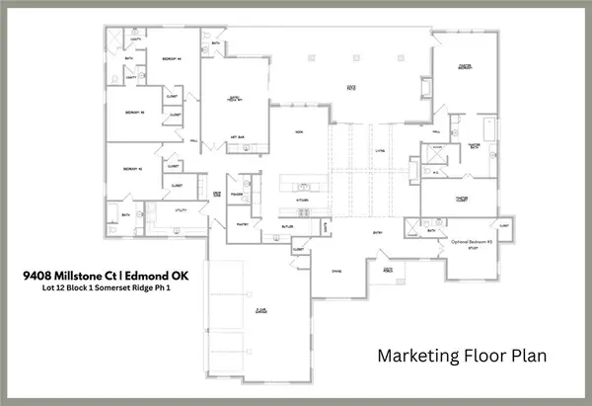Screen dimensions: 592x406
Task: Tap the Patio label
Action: click(x=350, y=86)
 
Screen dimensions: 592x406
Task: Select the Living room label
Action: click(x=378, y=151)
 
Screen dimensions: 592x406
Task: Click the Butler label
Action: click(x=288, y=226)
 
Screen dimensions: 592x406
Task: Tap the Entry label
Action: click(x=377, y=233)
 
